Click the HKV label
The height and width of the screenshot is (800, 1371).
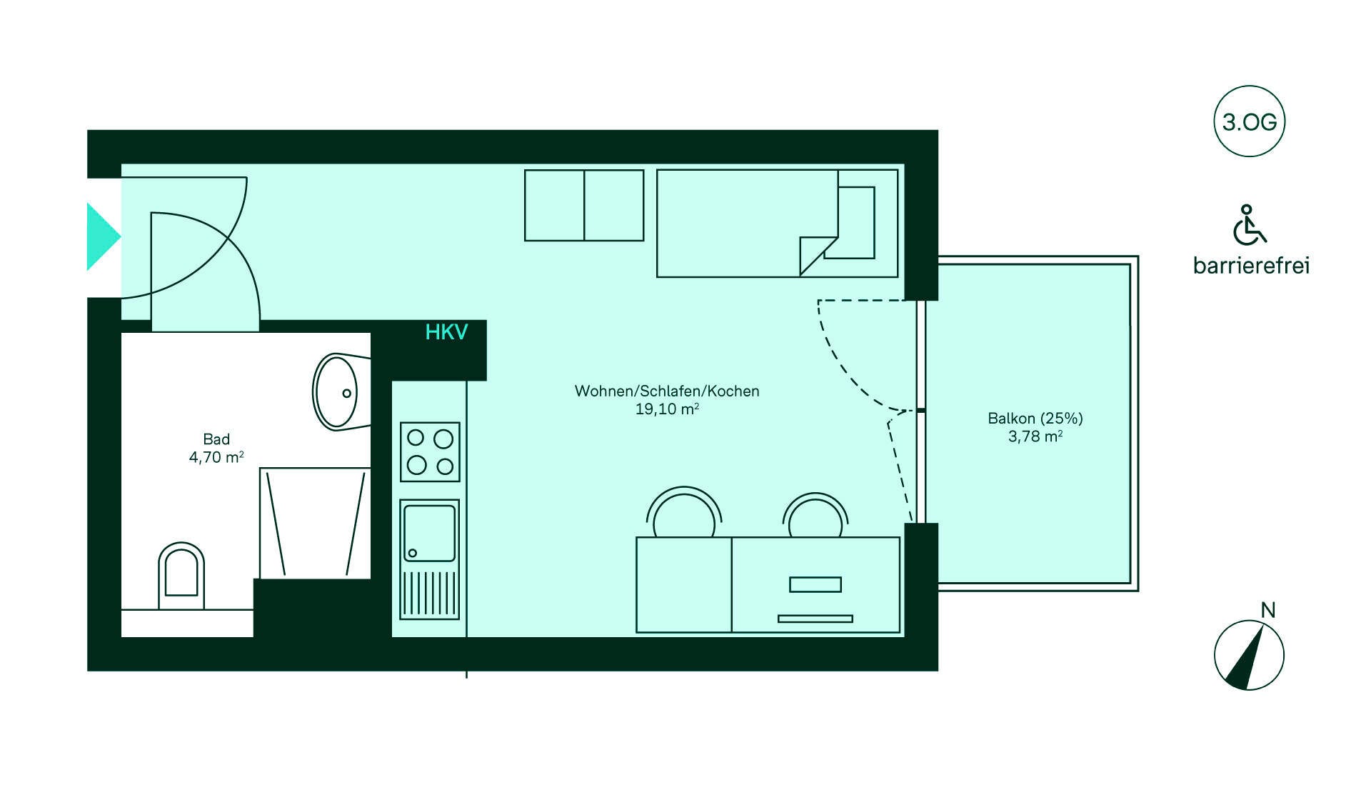pyautogui.click(x=446, y=332)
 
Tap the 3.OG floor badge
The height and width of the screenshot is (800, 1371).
pyautogui.click(x=1249, y=122)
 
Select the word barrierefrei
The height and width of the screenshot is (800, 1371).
pyautogui.click(x=1251, y=266)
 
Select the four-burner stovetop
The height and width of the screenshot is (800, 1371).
pyautogui.click(x=430, y=451)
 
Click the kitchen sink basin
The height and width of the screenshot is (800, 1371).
pyautogui.click(x=429, y=533)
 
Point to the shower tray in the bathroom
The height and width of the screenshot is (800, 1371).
pyautogui.click(x=315, y=523)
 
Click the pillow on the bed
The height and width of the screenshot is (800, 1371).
pyautogui.click(x=856, y=222)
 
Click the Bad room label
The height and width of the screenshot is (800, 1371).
pyautogui.click(x=216, y=439)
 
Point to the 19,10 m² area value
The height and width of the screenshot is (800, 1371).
pyautogui.click(x=667, y=409)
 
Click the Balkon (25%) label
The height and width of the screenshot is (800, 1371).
pyautogui.click(x=1035, y=419)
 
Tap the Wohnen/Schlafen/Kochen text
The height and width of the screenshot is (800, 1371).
pyautogui.click(x=667, y=391)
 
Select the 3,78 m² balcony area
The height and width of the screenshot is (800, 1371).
pyautogui.click(x=1035, y=436)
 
